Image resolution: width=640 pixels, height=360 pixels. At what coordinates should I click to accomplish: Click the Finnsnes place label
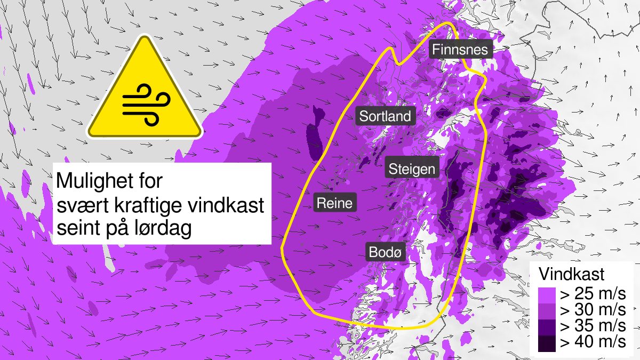click(460, 50)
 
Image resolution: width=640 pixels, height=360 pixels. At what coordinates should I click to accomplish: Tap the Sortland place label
click(385, 116)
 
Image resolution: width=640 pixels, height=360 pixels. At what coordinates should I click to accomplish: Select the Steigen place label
click(412, 170)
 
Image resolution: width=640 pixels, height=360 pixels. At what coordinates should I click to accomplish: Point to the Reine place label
click(334, 203)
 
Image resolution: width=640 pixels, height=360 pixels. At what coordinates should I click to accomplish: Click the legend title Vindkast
click(571, 274)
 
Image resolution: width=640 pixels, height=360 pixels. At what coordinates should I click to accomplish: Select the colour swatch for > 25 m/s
click(546, 294)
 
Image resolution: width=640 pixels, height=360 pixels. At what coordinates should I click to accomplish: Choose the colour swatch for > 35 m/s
click(546, 326)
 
